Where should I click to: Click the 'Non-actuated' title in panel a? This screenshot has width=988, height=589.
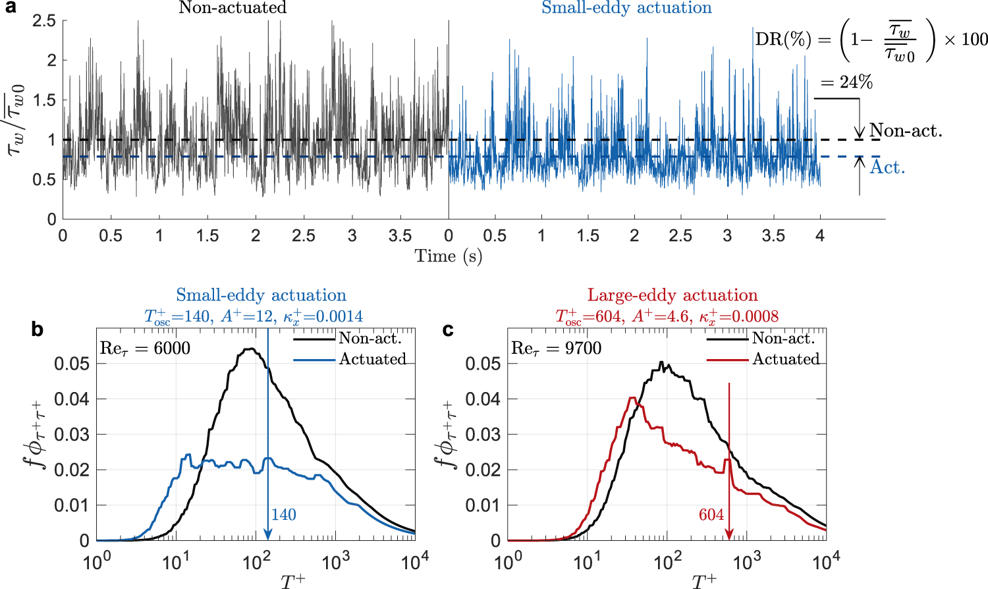(233, 8)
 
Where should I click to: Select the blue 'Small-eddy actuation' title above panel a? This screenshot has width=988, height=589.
(626, 8)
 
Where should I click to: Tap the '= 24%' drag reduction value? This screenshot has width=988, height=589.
(846, 82)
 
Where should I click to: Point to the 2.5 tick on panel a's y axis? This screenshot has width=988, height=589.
(44, 20)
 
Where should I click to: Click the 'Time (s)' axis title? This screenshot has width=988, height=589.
(449, 256)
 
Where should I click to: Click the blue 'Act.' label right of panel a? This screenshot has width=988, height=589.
(887, 167)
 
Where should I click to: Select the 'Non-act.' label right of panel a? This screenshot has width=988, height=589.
(906, 130)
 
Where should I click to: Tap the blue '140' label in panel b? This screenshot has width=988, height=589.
(283, 515)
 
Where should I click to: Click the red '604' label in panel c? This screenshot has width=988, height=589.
(711, 515)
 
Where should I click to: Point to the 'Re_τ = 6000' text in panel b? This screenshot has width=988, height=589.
(145, 348)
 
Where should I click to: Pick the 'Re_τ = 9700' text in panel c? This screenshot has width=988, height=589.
(557, 348)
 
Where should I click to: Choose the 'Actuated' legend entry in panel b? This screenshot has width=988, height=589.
(373, 359)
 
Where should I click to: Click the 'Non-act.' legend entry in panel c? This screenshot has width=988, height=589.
(784, 339)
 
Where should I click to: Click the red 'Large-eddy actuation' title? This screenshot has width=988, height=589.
(672, 295)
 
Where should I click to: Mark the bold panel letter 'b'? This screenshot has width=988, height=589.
(38, 329)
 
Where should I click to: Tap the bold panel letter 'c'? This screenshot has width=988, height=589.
(448, 329)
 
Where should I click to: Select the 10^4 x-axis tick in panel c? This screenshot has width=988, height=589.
(826, 562)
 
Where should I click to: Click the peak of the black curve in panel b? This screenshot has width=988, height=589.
(252, 349)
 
